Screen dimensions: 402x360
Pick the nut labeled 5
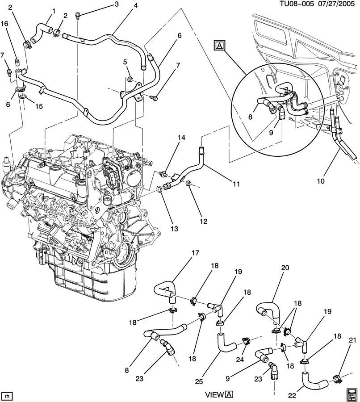[x=129, y=80]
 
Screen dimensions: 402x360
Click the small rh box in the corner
[x=7, y=396]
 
